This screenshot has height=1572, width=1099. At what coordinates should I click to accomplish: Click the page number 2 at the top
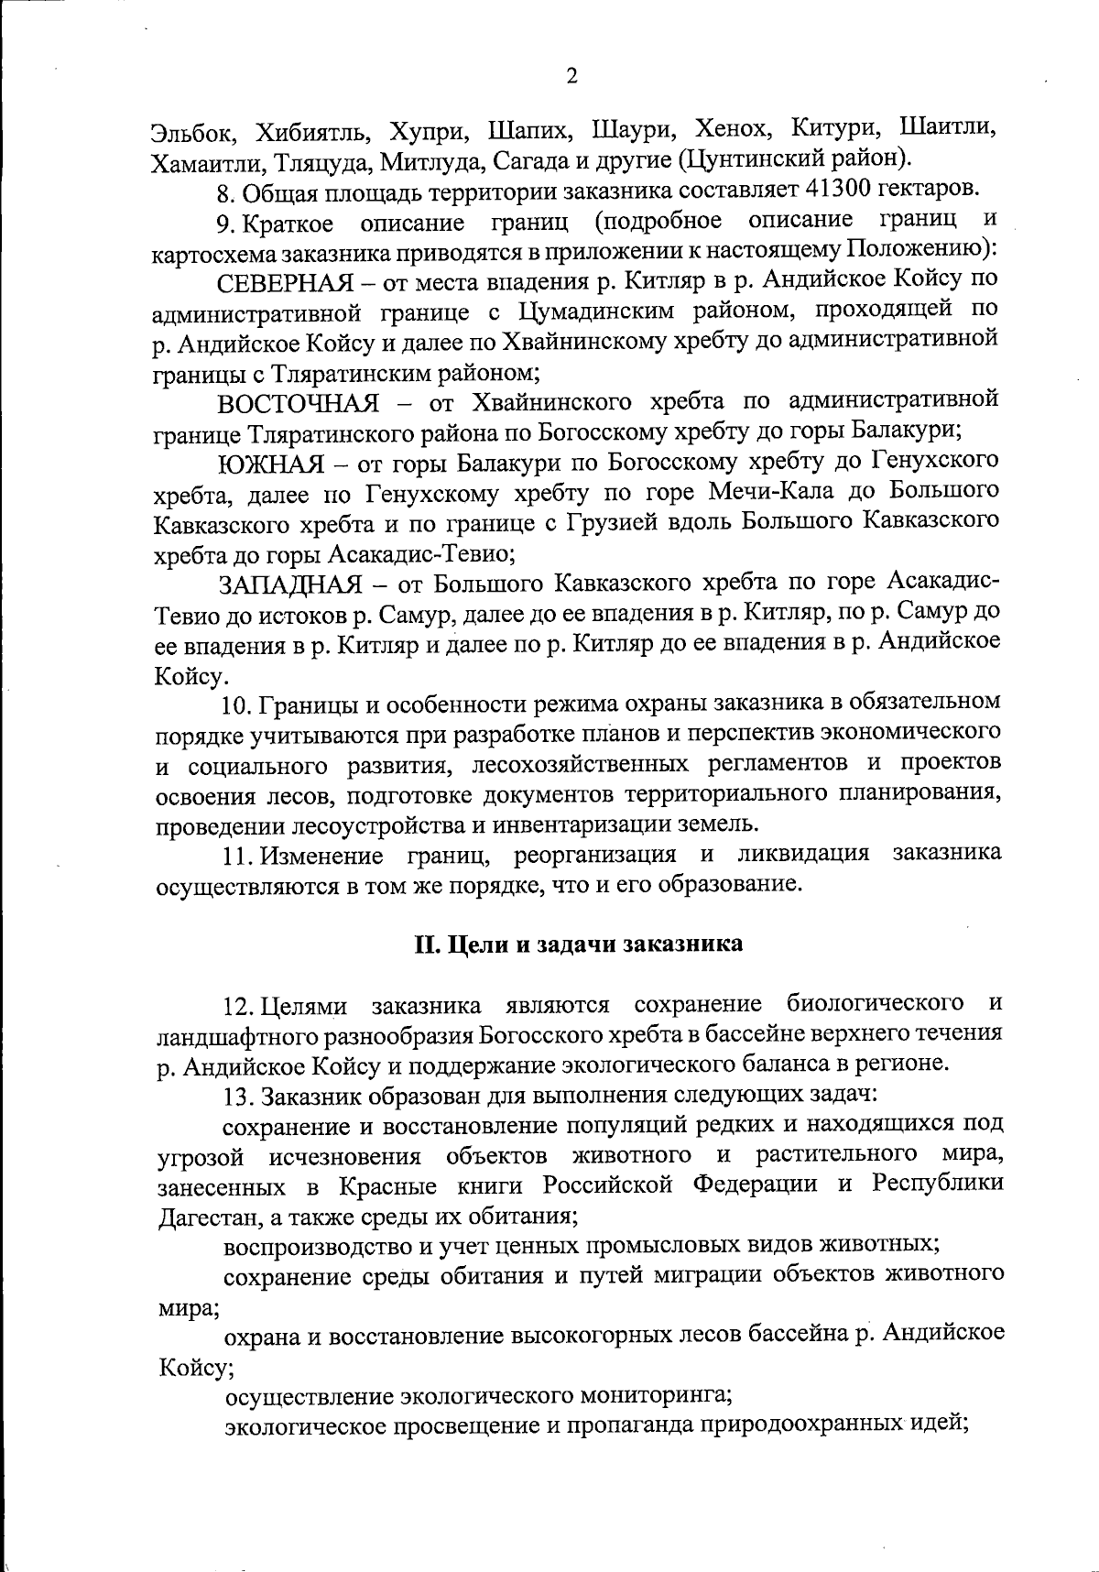(x=572, y=76)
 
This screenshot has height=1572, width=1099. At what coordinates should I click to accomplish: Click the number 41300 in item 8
(x=843, y=190)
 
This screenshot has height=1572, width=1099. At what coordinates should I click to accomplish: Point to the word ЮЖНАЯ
(x=270, y=463)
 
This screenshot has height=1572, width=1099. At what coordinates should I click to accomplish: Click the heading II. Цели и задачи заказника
(x=574, y=944)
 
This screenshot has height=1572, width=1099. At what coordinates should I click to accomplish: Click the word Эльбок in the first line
(x=193, y=129)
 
